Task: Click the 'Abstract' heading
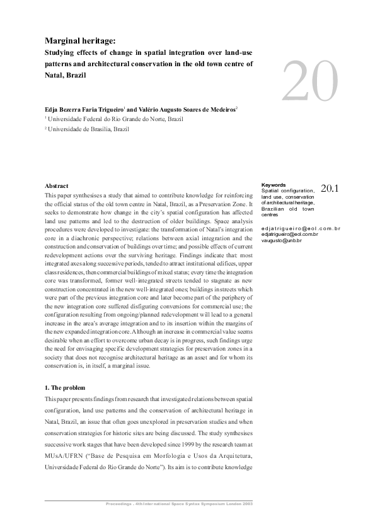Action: [57, 186]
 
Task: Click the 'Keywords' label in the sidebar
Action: [273, 185]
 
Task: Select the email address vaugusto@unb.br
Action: [281, 241]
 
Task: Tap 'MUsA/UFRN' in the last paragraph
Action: [62, 450]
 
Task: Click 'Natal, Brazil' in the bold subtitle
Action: [66, 74]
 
